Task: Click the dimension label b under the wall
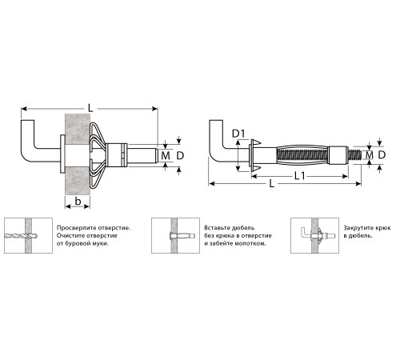pos(78,202)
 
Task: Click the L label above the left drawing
pos(90,108)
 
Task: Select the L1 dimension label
pos(300,176)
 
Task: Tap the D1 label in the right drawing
pos(238,134)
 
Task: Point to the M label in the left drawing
pos(166,155)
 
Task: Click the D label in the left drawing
pos(180,155)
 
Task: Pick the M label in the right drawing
pos(369,154)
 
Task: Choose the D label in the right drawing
pos(382,154)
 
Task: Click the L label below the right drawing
pos(272,184)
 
